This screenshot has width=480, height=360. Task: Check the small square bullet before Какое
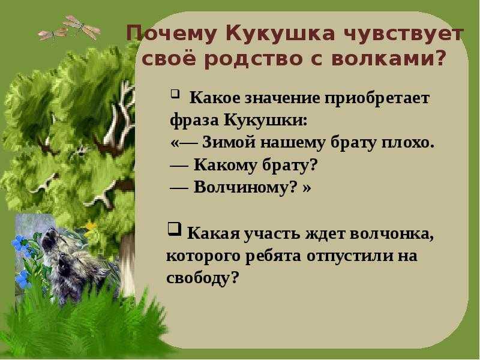(x=174, y=92)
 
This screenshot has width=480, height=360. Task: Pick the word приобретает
(x=377, y=99)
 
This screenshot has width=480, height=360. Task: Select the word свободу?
(x=202, y=278)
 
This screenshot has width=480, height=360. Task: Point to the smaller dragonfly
(x=52, y=34)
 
